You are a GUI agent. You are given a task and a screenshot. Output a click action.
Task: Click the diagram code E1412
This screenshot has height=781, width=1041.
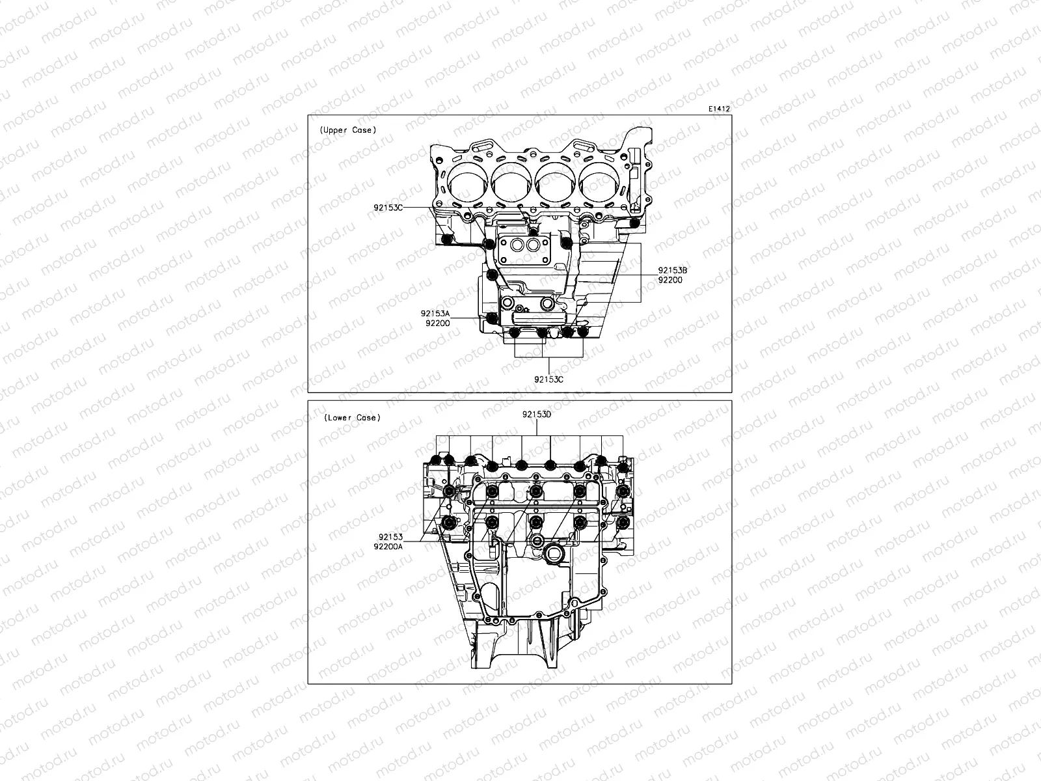pyautogui.click(x=720, y=109)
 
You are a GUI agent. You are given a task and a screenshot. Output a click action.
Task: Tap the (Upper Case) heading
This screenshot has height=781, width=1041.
pyautogui.click(x=347, y=130)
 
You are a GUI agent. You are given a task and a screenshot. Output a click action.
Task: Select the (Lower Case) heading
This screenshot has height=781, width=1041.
pyautogui.click(x=352, y=418)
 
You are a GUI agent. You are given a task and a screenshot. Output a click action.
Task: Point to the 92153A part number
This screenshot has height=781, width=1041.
pyautogui.click(x=435, y=314)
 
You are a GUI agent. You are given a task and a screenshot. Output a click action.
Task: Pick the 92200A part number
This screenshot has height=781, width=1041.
pyautogui.click(x=388, y=547)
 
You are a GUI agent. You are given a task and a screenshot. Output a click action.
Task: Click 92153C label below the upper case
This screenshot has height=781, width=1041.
pyautogui.click(x=548, y=379)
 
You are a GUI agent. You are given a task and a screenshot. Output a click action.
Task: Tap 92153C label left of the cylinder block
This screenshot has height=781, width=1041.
pyautogui.click(x=388, y=208)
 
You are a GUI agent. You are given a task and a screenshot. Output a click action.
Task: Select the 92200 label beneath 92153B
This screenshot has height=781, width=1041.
pyautogui.click(x=670, y=281)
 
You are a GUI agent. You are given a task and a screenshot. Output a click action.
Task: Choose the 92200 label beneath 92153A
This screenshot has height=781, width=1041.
pyautogui.click(x=437, y=323)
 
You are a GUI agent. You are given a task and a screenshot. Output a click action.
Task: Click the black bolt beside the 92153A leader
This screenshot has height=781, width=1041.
pyautogui.click(x=492, y=318)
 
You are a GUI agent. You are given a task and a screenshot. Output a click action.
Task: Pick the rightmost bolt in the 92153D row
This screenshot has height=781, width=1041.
pyautogui.click(x=623, y=467)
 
